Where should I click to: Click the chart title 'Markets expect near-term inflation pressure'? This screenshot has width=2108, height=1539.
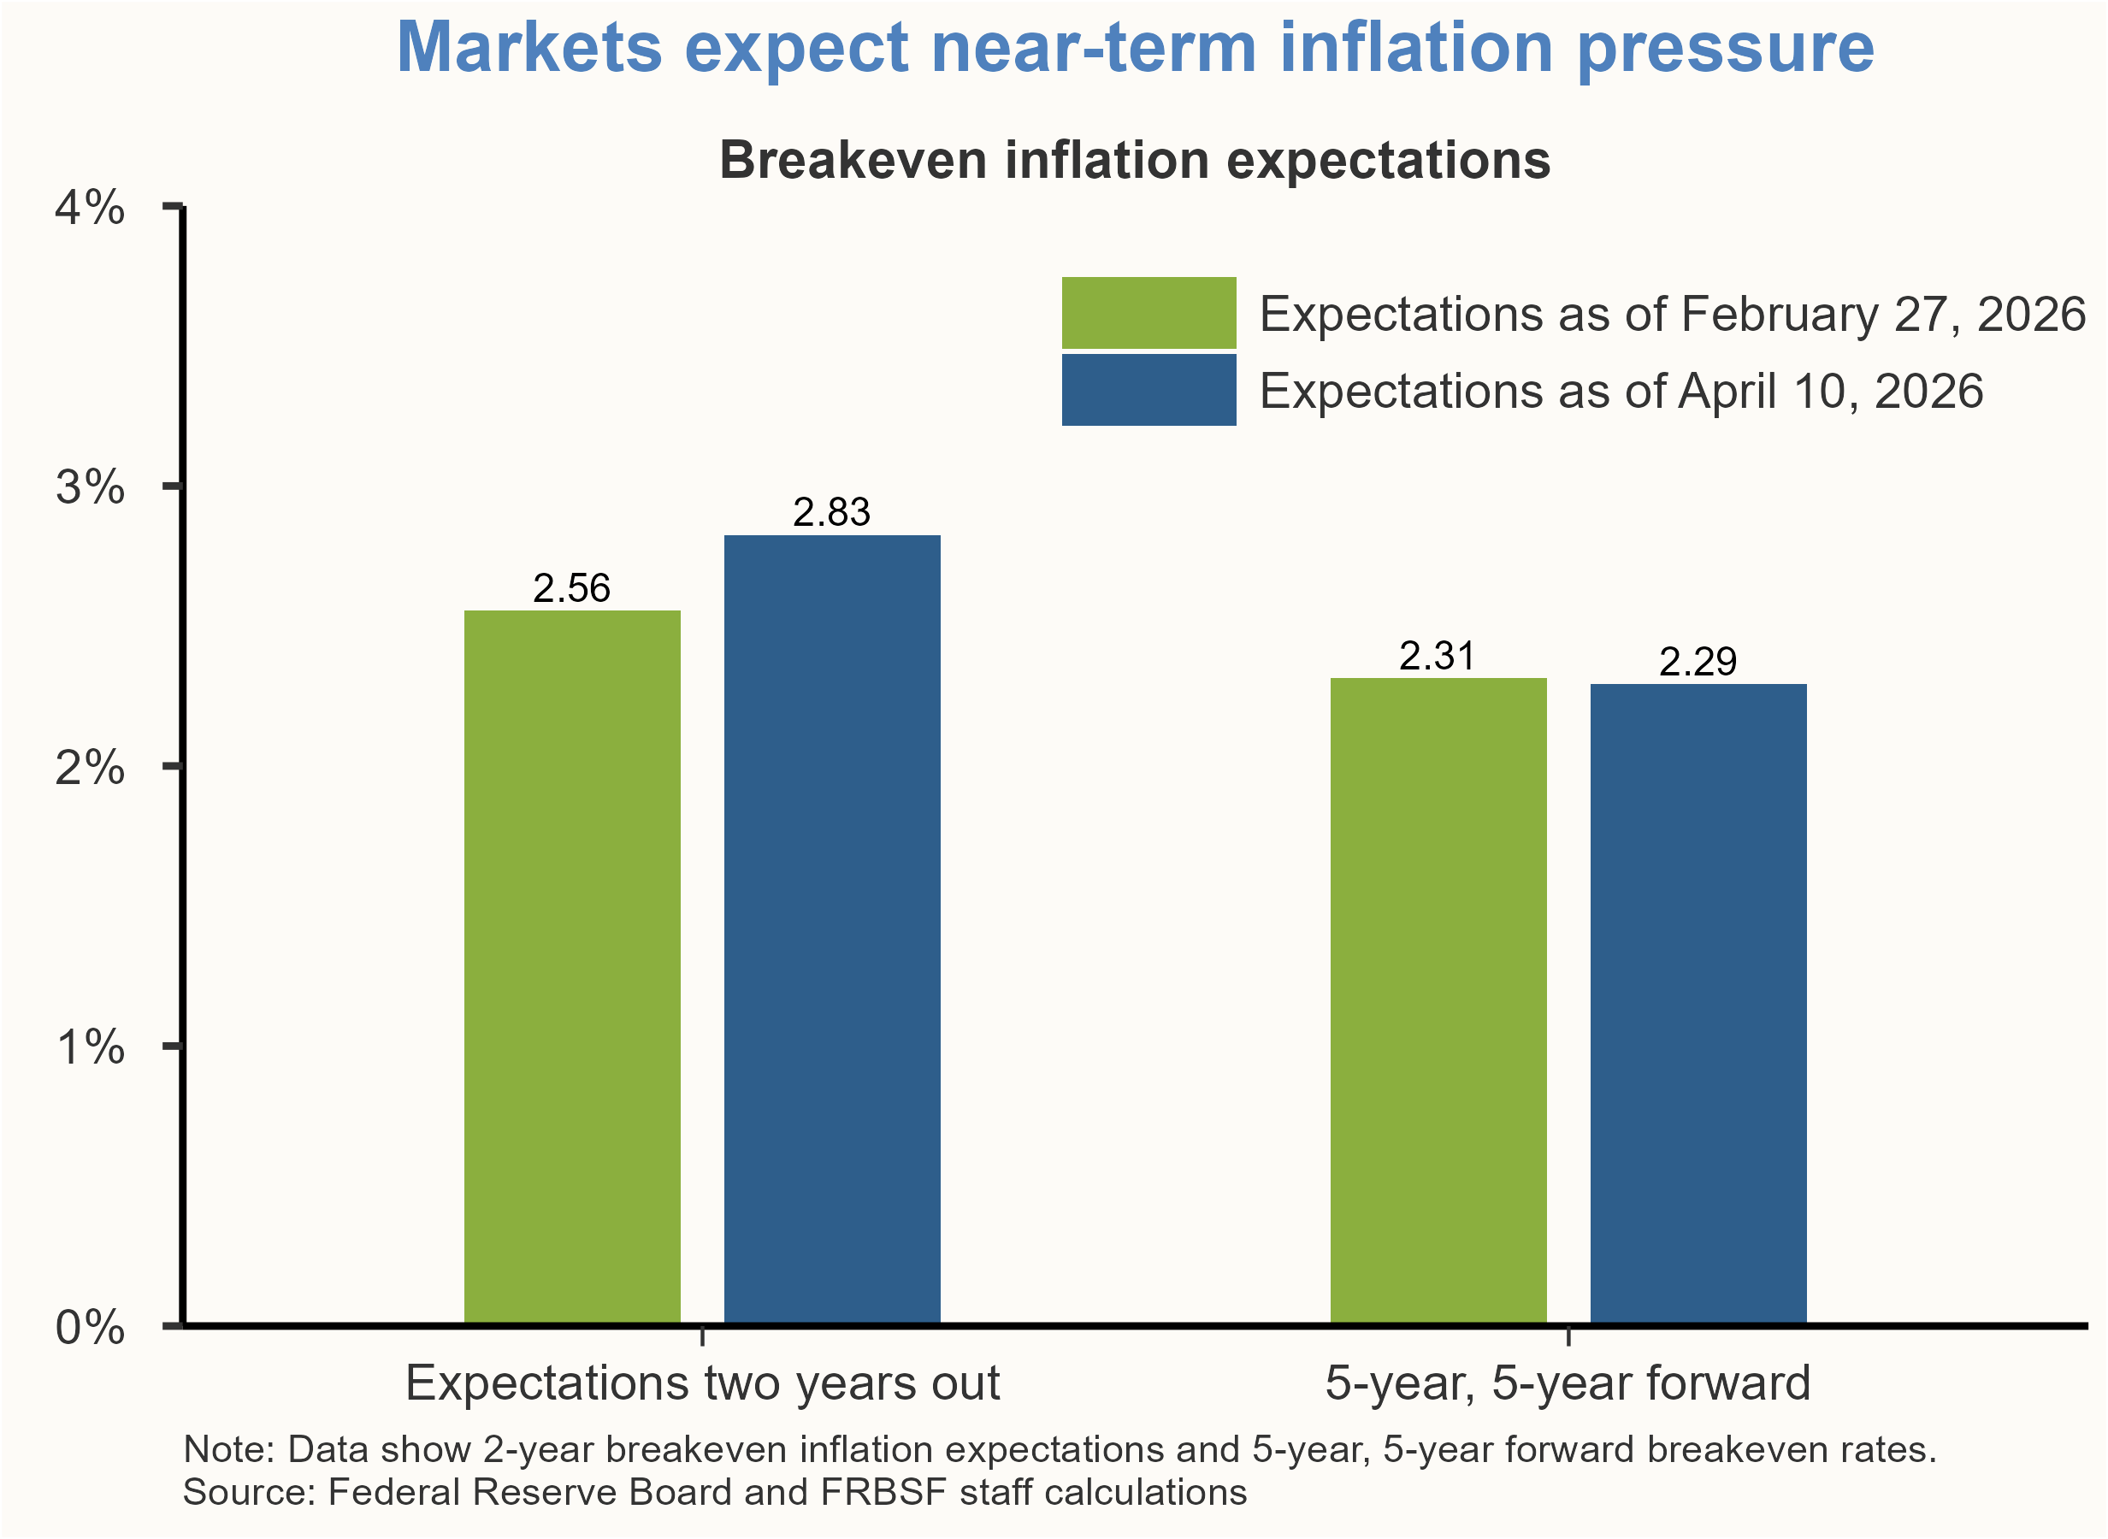click(1135, 49)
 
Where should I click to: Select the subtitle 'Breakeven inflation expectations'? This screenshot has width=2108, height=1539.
click(1135, 160)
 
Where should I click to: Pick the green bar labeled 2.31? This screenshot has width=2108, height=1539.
click(1438, 1000)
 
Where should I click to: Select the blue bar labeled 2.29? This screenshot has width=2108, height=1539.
click(1698, 1005)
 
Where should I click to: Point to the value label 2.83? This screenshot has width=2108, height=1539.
click(832, 512)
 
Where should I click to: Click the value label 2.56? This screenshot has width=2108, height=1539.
click(572, 589)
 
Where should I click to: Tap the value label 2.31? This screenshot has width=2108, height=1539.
click(1438, 657)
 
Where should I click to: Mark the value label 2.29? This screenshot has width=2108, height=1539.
click(1698, 663)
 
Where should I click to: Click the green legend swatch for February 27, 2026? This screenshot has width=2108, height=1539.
click(1148, 313)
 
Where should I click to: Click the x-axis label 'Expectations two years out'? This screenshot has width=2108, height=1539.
click(702, 1383)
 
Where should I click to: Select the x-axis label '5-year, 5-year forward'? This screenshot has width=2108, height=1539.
click(1568, 1383)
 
